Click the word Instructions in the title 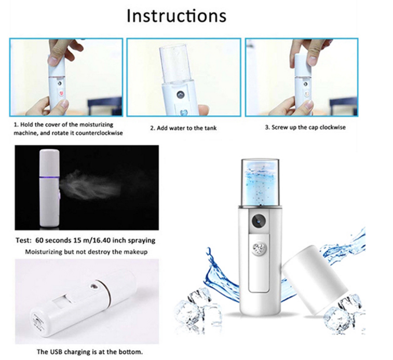[177, 16]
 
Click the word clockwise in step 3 [333, 127]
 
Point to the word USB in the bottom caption [57, 352]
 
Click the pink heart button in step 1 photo [61, 93]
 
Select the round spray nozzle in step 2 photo [180, 94]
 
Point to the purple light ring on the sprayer [49, 178]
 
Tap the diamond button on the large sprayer [258, 248]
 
